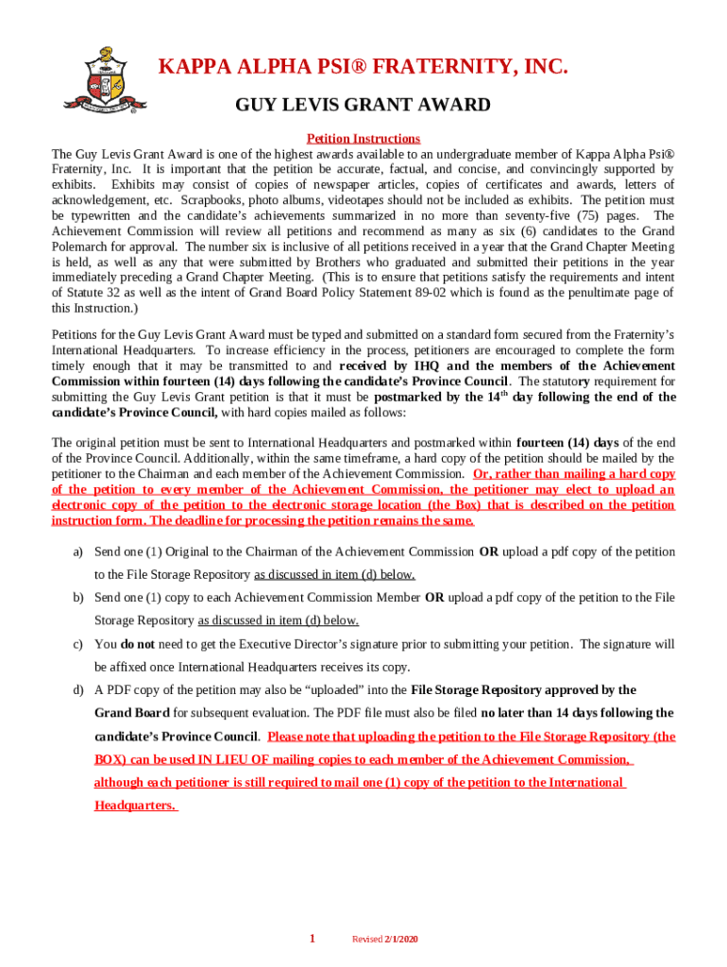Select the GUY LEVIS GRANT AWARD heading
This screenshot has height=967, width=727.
coord(363,105)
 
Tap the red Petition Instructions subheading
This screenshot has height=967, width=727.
coord(363,139)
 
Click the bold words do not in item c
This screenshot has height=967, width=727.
coord(138,644)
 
